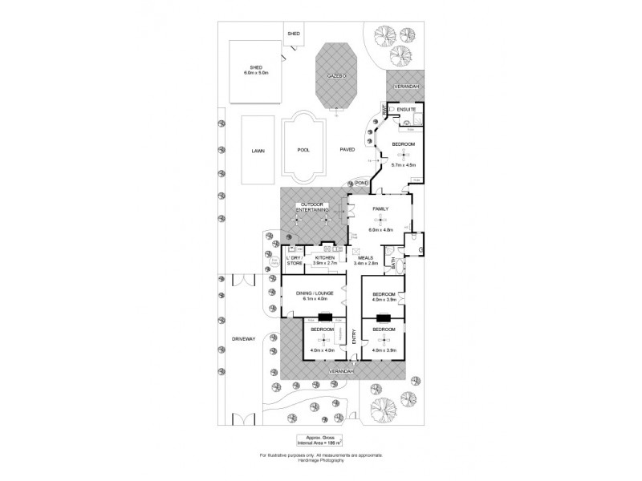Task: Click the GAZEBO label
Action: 335,75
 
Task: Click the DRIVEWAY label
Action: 243,339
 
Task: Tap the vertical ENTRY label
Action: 354,340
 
